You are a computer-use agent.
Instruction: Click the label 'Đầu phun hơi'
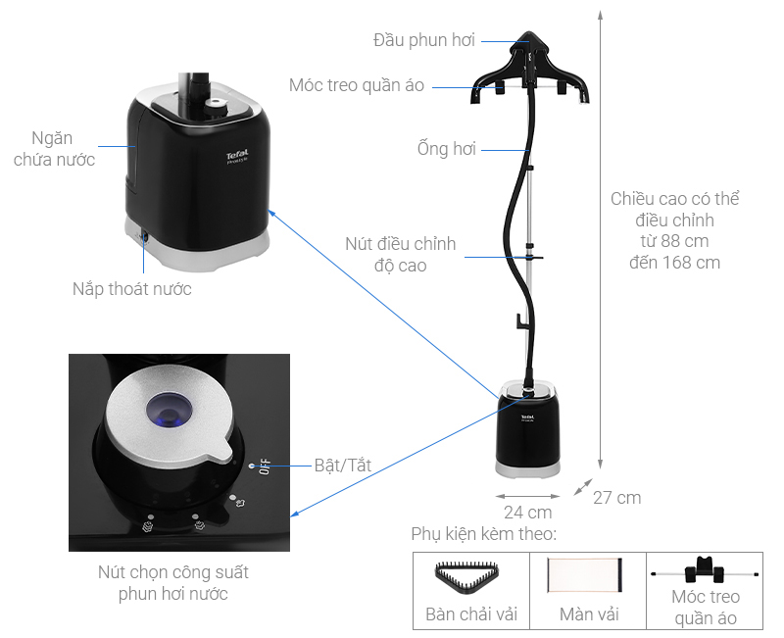(x=423, y=40)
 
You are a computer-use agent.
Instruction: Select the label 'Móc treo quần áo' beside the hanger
(x=357, y=85)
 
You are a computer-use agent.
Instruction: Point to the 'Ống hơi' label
(x=446, y=149)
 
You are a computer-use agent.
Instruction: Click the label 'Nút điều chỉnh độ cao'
(x=400, y=254)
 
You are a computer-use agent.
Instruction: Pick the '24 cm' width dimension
(x=527, y=512)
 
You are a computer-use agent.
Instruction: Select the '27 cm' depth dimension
(x=616, y=498)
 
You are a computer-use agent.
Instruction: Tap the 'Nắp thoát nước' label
(x=131, y=289)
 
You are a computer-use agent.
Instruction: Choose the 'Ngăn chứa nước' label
(x=54, y=149)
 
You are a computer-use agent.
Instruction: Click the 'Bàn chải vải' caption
(x=471, y=615)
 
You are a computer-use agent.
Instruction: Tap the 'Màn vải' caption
(x=588, y=615)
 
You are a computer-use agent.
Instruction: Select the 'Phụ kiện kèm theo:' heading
(x=484, y=535)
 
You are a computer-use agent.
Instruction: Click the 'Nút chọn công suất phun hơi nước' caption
(x=179, y=583)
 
